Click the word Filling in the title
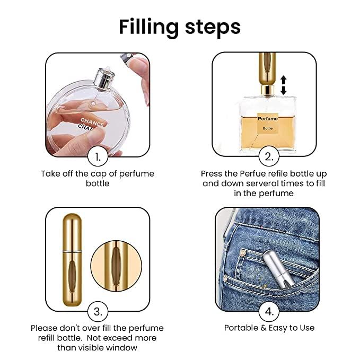150,26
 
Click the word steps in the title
213,26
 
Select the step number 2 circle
269,157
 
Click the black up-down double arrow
283,85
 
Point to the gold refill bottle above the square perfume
267,72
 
